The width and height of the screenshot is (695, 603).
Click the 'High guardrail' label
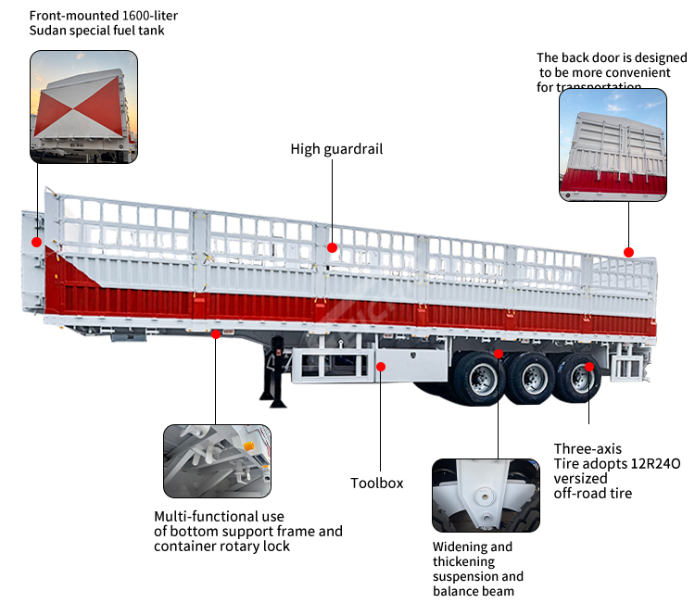pyautogui.click(x=336, y=149)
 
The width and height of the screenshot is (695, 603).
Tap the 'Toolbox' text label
pyautogui.click(x=376, y=483)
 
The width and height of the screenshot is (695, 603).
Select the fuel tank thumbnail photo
pyautogui.click(x=84, y=107)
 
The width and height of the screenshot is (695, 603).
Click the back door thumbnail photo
pyautogui.click(x=613, y=145)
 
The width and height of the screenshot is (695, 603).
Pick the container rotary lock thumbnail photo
pyautogui.click(x=217, y=461)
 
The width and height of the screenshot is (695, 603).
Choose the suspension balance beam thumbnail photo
pyautogui.click(x=486, y=495)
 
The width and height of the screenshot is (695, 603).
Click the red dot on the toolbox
pyautogui.click(x=380, y=367)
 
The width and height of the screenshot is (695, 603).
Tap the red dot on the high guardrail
pyautogui.click(x=331, y=248)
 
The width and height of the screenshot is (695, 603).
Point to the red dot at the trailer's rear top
pyautogui.click(x=628, y=252)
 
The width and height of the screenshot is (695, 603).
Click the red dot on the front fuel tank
pyautogui.click(x=37, y=242)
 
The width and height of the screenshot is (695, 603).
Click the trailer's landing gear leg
pyautogui.click(x=275, y=375)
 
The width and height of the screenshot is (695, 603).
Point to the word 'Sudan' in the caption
pyautogui.click(x=49, y=31)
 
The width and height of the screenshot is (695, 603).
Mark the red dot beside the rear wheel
pyautogui.click(x=589, y=367)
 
